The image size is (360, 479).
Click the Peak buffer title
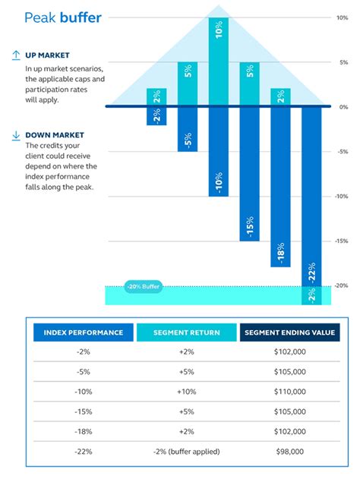point(62,17)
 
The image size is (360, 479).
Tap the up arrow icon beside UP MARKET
point(16,55)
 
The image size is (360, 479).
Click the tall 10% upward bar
point(219,61)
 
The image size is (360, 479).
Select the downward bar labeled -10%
point(219,152)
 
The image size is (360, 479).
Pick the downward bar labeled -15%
point(250,175)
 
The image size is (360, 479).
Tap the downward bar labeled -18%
point(280,188)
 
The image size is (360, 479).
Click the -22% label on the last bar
point(311,272)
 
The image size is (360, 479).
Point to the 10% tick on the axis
point(343,17)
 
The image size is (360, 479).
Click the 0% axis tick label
point(343,107)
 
